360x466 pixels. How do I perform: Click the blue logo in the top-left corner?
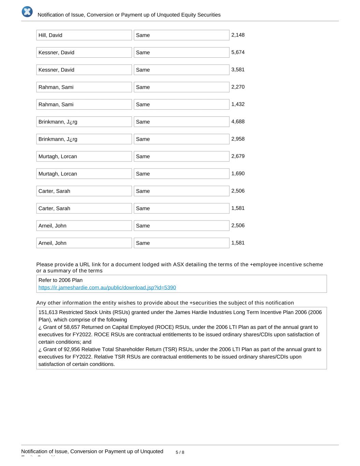tap(27, 12)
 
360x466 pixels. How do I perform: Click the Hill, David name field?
tap(84, 35)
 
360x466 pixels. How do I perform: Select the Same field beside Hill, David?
tap(181, 35)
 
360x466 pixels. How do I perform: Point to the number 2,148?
tap(238, 35)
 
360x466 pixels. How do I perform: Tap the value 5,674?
tap(238, 52)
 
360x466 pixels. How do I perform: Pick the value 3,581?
tap(238, 70)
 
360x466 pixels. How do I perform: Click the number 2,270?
tap(238, 87)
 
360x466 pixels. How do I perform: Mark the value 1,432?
tap(238, 104)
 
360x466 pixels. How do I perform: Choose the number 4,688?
tap(238, 122)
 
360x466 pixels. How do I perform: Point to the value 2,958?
tap(238, 139)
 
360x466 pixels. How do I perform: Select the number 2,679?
tap(238, 156)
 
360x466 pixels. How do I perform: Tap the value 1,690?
tap(238, 173)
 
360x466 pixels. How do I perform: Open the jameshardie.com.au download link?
tap(107, 287)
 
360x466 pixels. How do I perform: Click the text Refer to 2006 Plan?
tap(60, 280)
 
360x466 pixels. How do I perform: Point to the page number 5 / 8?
tap(180, 452)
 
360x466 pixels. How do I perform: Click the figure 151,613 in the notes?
tap(48, 312)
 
